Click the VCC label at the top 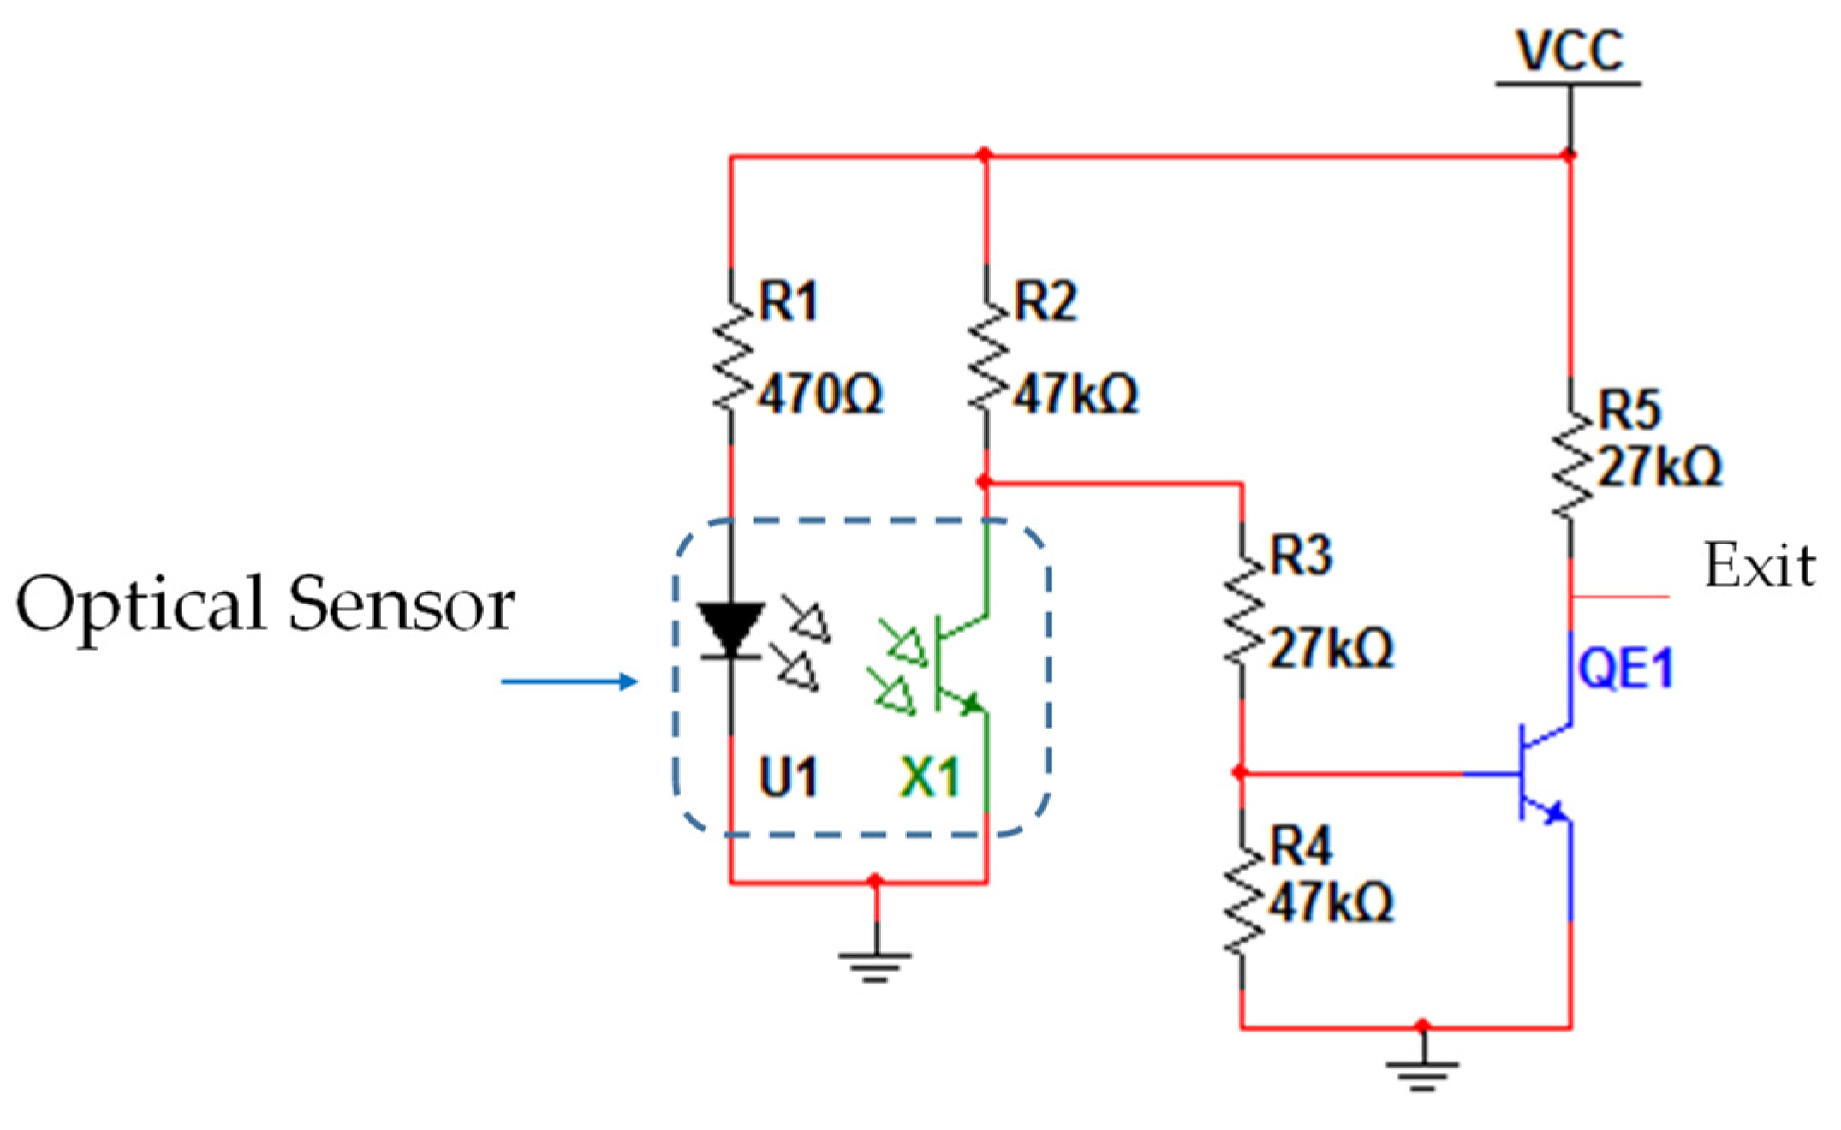click(1569, 51)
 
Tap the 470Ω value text click(821, 395)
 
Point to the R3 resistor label click(1301, 556)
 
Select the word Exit click(1760, 566)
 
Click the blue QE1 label click(1624, 669)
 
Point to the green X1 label click(930, 777)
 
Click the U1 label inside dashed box click(788, 777)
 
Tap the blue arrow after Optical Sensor click(569, 681)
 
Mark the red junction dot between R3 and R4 click(1240, 773)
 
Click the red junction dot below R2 click(985, 482)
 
